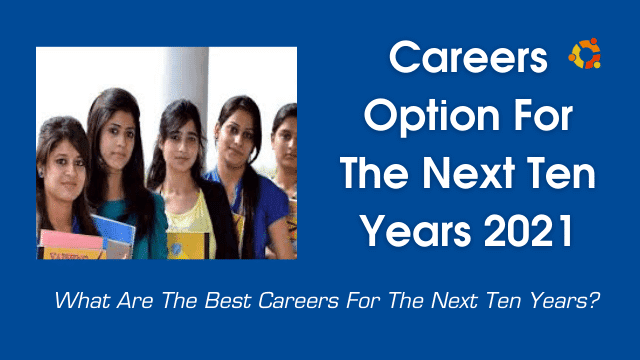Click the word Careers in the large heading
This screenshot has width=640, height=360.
point(468,57)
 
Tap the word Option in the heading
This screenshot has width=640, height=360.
point(432,117)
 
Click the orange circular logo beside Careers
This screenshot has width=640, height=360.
point(585,53)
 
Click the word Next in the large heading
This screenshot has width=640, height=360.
point(468,173)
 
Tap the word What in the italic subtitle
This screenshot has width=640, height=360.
point(82,301)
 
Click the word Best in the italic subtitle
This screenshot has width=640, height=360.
point(228,301)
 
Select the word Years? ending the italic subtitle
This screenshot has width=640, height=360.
point(565,301)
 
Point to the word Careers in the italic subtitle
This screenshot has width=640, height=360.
point(299,301)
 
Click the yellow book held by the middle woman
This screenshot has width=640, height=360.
point(188,246)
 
